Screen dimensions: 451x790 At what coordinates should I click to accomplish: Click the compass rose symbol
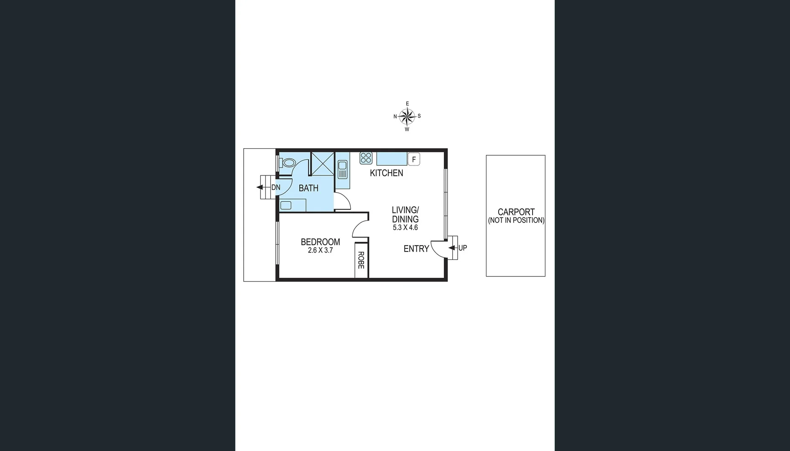407,117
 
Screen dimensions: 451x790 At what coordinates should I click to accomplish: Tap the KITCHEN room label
386,173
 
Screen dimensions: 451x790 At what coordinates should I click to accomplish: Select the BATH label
308,188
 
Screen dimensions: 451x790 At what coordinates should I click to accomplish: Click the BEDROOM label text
320,242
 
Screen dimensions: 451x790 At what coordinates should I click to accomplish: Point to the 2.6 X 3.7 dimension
320,251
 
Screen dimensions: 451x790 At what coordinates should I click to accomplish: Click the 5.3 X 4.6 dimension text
405,228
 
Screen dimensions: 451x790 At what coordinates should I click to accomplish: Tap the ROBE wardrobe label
361,260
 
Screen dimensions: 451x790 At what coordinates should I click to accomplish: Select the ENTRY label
416,249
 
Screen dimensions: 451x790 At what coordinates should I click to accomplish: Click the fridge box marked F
413,159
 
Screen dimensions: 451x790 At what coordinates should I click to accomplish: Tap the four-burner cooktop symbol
366,158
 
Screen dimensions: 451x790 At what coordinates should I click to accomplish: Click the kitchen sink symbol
342,170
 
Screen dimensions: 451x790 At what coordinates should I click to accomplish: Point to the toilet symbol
288,163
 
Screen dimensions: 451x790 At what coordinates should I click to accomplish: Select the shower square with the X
322,163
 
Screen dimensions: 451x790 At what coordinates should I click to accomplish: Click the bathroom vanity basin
286,205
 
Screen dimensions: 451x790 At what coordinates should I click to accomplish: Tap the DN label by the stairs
276,187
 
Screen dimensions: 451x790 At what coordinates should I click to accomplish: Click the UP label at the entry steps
462,248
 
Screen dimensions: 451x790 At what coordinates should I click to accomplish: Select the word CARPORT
516,212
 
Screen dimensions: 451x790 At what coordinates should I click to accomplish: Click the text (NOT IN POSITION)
516,220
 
